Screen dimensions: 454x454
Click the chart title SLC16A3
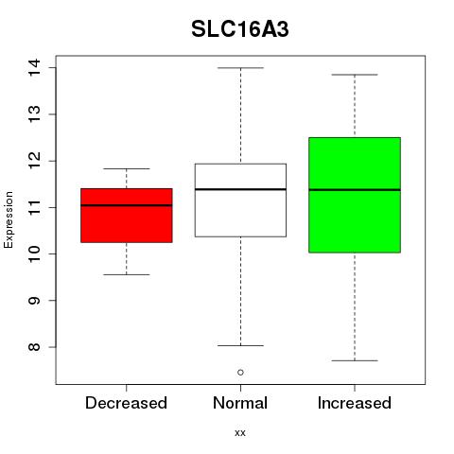click(x=240, y=29)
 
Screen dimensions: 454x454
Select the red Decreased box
click(x=127, y=216)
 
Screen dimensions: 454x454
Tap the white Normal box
click(x=240, y=200)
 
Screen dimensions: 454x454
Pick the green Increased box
click(x=355, y=195)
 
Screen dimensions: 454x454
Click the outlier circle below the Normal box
click(x=240, y=373)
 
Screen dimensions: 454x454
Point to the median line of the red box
click(x=127, y=205)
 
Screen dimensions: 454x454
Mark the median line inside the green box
click(x=355, y=190)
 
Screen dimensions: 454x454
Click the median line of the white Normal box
click(x=240, y=189)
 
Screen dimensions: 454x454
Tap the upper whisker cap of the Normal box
click(x=240, y=68)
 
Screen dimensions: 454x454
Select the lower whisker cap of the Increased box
click(x=355, y=360)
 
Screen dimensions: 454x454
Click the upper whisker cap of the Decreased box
click(x=127, y=168)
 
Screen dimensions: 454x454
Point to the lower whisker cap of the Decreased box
click(x=127, y=274)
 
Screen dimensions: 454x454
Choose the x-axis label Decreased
click(x=126, y=403)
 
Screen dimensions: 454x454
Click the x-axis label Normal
click(x=240, y=403)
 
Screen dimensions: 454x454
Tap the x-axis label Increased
click(x=355, y=403)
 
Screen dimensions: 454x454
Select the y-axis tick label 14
click(x=34, y=67)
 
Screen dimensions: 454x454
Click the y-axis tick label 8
click(x=34, y=347)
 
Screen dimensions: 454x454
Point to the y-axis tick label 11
click(x=34, y=207)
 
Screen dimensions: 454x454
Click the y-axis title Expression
click(x=9, y=219)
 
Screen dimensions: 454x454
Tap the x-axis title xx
click(x=240, y=433)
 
